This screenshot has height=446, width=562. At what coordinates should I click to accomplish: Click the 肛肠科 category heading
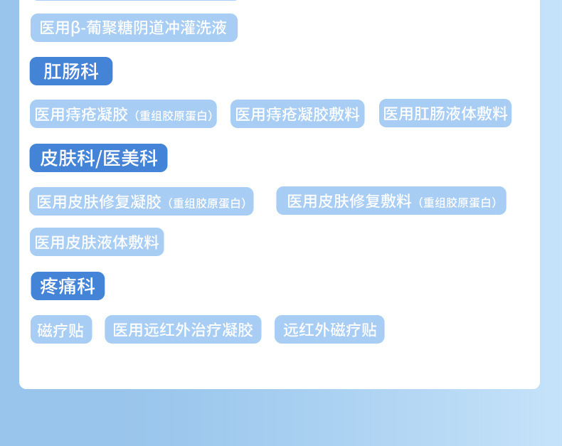point(70,71)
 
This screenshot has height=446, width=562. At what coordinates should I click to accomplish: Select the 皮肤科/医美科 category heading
point(98,158)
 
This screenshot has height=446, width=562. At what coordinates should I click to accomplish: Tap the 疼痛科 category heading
point(68,286)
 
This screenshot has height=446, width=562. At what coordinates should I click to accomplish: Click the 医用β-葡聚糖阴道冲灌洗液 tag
point(134,28)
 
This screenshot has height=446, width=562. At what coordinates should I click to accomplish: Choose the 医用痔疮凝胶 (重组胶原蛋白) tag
point(123,115)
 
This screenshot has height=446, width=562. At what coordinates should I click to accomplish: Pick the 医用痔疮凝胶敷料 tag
point(297,115)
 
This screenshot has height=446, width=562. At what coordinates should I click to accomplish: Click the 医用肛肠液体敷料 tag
point(445,114)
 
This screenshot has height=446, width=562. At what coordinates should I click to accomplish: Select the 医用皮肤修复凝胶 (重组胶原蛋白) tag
point(141,202)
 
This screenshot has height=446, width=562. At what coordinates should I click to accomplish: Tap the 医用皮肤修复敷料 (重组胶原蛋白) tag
point(391,201)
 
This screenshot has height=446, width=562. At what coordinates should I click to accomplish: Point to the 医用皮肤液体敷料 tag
point(97,243)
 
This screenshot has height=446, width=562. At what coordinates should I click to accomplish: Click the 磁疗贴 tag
point(61,330)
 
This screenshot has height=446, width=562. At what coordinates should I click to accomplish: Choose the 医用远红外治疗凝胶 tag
point(183,330)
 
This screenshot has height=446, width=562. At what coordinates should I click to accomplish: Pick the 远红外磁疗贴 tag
point(329,330)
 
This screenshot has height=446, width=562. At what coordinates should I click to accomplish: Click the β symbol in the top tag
point(75,28)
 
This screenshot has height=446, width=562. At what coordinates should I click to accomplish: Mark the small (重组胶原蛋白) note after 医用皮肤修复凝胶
point(208,203)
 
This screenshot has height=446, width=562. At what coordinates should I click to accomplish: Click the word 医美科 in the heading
point(130,158)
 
